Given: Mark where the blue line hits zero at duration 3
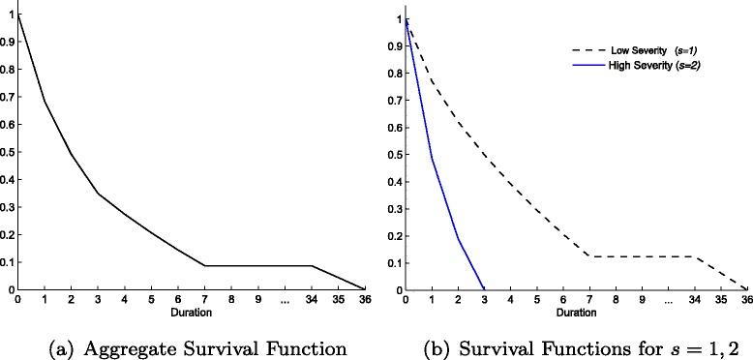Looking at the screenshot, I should (483, 289).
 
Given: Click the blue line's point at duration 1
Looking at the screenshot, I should (432, 159).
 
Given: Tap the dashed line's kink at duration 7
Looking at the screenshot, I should (588, 256).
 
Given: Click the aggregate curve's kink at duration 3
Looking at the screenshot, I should (98, 194).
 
